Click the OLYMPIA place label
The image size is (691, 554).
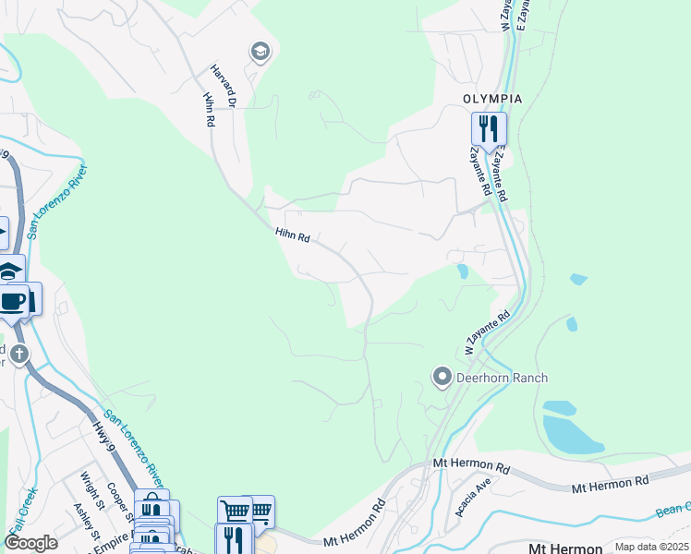[492, 99]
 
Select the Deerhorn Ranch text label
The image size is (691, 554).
[503, 378]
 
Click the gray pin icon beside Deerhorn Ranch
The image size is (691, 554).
[442, 377]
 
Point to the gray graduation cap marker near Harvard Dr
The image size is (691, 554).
[260, 52]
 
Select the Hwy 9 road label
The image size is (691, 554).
[103, 439]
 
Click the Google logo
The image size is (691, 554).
[30, 543]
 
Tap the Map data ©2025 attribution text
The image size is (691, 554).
[651, 547]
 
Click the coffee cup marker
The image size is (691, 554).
[13, 301]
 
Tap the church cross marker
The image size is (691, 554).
[20, 354]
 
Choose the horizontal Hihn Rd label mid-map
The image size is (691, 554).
[291, 237]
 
